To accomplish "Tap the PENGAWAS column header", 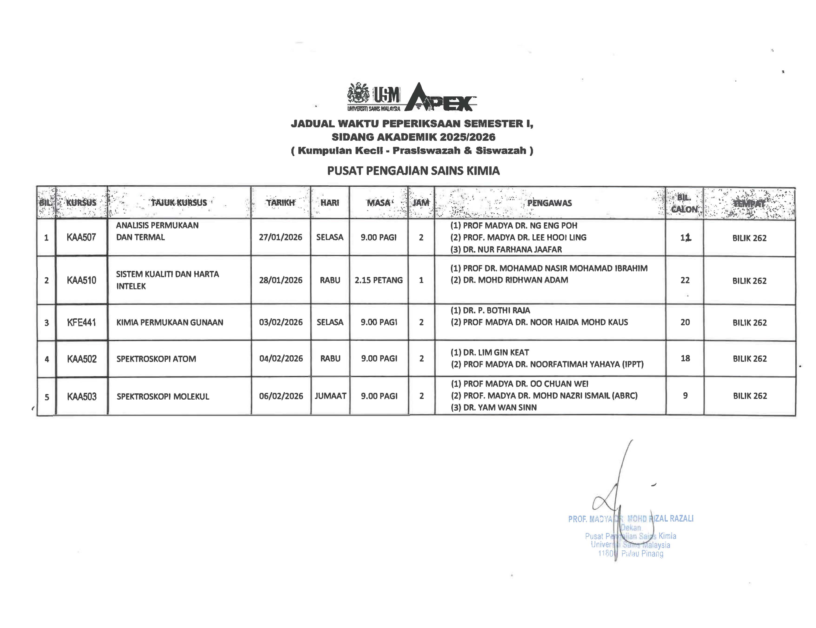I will coord(549,203).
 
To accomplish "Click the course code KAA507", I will coord(81,237).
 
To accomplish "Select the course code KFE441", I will coord(81,322).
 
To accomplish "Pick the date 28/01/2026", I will coord(281,280).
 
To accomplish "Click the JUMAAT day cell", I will coord(330,396).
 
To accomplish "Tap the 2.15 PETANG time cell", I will coord(379,280).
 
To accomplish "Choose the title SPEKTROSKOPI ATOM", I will coord(156,359).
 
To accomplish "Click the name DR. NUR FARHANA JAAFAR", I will coord(512,249).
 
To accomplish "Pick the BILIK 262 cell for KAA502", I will coord(749,359).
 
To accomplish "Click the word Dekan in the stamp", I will coord(631,528).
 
